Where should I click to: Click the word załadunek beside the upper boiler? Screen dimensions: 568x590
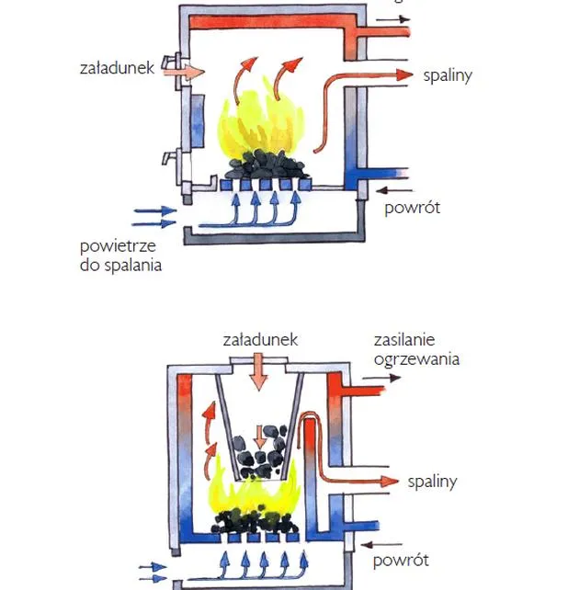click(x=117, y=68)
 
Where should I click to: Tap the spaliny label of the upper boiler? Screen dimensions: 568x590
click(x=448, y=75)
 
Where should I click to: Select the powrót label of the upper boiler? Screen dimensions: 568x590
click(x=412, y=208)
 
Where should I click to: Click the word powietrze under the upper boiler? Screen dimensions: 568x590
click(x=118, y=247)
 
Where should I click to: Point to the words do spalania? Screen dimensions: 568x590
click(x=120, y=266)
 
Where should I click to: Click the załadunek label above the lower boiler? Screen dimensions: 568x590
click(x=260, y=340)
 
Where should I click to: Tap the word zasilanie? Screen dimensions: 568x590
click(x=404, y=340)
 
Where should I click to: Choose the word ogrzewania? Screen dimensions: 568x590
click(x=416, y=360)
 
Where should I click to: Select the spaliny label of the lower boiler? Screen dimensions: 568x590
click(x=433, y=482)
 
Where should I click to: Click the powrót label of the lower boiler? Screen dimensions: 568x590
click(x=401, y=561)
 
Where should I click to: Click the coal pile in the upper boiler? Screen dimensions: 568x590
click(x=267, y=165)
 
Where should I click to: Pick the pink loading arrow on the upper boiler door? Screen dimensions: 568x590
click(x=185, y=72)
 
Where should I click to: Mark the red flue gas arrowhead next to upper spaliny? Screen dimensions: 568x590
click(x=405, y=74)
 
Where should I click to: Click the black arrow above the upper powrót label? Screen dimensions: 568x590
click(x=394, y=191)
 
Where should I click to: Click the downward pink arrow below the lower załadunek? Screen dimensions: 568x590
click(x=258, y=371)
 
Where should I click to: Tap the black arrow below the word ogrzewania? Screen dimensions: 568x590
click(x=381, y=378)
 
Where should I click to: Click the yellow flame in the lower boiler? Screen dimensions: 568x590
click(x=254, y=493)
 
